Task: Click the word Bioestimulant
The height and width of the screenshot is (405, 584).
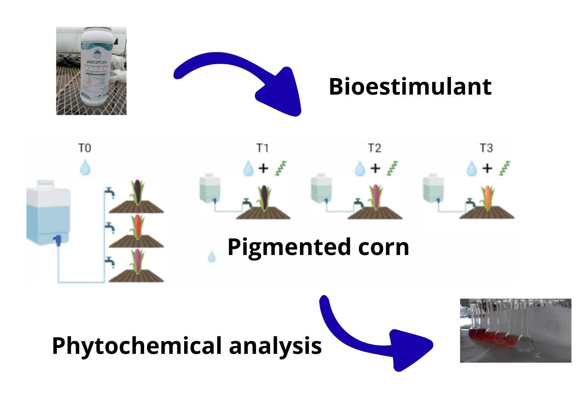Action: pyautogui.click(x=410, y=87)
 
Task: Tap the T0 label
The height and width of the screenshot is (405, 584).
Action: pyautogui.click(x=85, y=148)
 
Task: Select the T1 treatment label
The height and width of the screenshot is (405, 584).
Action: pyautogui.click(x=263, y=148)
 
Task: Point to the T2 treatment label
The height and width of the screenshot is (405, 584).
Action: pyautogui.click(x=374, y=148)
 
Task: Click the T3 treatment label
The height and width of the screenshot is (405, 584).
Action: pyautogui.click(x=486, y=148)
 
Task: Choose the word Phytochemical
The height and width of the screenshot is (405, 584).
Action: pyautogui.click(x=136, y=346)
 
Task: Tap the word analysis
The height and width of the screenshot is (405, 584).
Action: pyautogui.click(x=275, y=346)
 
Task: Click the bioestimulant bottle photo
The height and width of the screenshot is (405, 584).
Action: pyautogui.click(x=91, y=71)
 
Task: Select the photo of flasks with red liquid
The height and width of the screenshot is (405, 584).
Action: pyautogui.click(x=515, y=330)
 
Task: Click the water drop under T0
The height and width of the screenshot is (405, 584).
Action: pyautogui.click(x=85, y=168)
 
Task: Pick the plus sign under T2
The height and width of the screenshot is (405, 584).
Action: pyautogui.click(x=375, y=168)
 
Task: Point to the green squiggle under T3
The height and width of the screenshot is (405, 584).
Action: pyautogui.click(x=505, y=168)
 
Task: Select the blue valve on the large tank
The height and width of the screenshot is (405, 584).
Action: pyautogui.click(x=58, y=240)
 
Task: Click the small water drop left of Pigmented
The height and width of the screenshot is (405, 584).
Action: pyautogui.click(x=211, y=257)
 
